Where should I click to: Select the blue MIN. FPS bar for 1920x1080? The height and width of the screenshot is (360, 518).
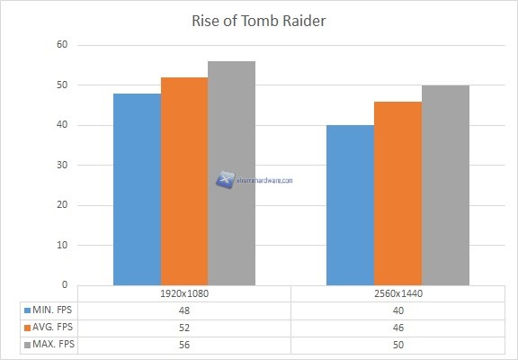[x=137, y=189]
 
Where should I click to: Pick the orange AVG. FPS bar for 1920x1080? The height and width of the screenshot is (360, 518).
[x=184, y=181]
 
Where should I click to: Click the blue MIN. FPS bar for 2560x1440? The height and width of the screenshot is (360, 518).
[x=350, y=205]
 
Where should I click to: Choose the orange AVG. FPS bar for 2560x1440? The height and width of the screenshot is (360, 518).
[x=397, y=193]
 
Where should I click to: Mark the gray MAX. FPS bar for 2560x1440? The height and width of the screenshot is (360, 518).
[x=445, y=185]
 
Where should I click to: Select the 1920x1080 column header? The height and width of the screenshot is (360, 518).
[x=184, y=293]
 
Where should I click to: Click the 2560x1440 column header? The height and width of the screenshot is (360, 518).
[x=397, y=293]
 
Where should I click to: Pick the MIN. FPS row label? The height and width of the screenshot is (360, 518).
[x=51, y=310]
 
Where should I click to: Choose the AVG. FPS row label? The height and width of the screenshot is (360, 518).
[x=51, y=326]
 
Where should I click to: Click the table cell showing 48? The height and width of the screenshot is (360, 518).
[x=184, y=310]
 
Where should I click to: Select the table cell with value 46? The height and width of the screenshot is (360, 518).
[x=397, y=326]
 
